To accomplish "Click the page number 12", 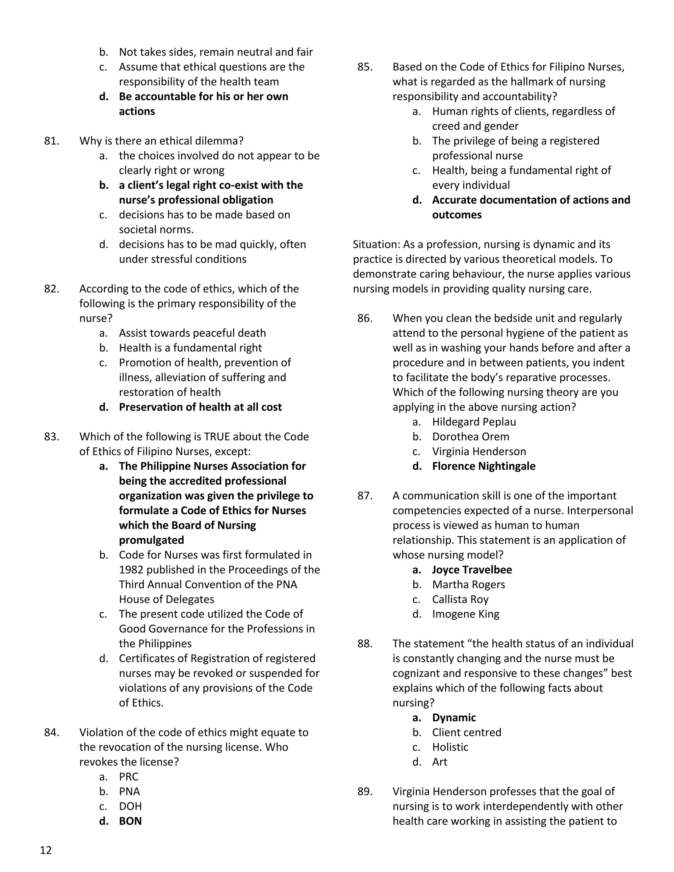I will pyautogui.click(x=46, y=850).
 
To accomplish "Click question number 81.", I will pyautogui.click(x=52, y=141).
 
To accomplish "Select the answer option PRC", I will pyautogui.click(x=129, y=777).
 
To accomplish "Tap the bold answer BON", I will pyautogui.click(x=130, y=821).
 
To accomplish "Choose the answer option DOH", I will pyautogui.click(x=130, y=806).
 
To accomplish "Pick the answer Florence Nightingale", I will pyautogui.click(x=483, y=466).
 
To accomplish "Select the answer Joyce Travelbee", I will pyautogui.click(x=472, y=570).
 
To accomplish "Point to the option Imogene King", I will pyautogui.click(x=466, y=614).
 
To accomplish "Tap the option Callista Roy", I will pyautogui.click(x=460, y=599).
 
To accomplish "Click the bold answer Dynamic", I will pyautogui.click(x=454, y=717).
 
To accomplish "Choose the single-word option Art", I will pyautogui.click(x=440, y=762).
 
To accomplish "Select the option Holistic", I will pyautogui.click(x=450, y=747).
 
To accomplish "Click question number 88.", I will pyautogui.click(x=365, y=644).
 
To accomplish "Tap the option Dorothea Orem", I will pyautogui.click(x=470, y=436).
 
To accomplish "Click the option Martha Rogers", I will pyautogui.click(x=468, y=584).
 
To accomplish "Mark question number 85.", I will pyautogui.click(x=365, y=67).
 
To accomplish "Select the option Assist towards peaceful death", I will pyautogui.click(x=192, y=333).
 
